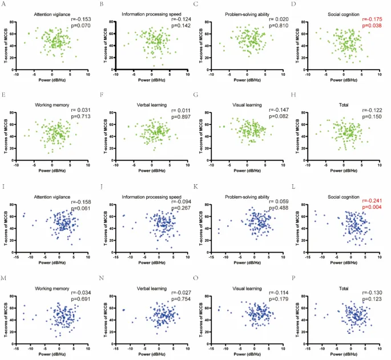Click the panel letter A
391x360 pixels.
[5, 5]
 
